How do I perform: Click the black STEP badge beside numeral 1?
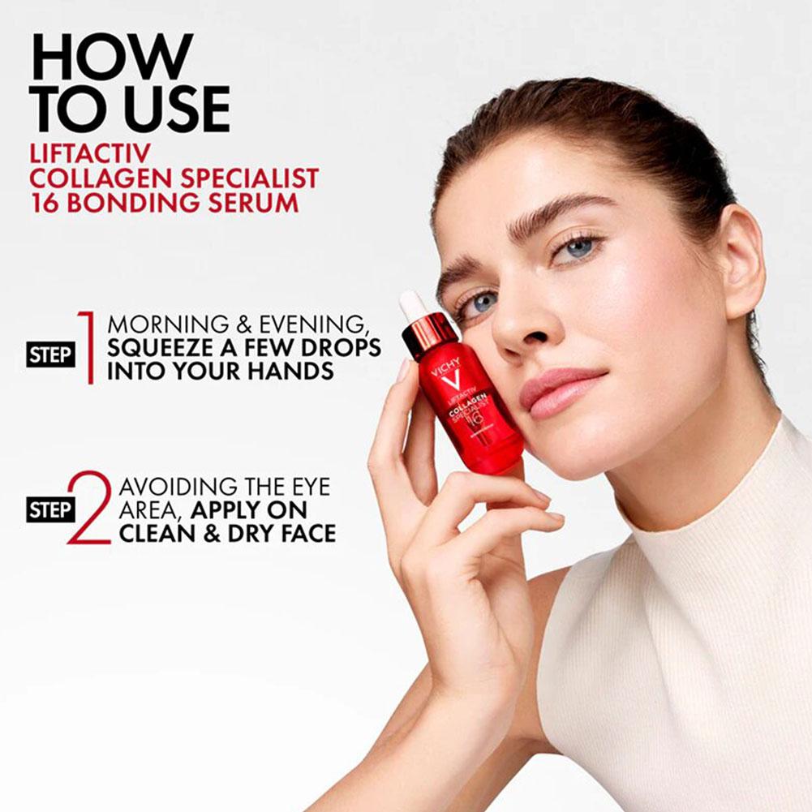coord(50,354)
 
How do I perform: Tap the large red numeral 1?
coord(88,347)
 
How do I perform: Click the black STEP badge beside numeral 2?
coord(50,509)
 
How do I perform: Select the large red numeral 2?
coord(89,508)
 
